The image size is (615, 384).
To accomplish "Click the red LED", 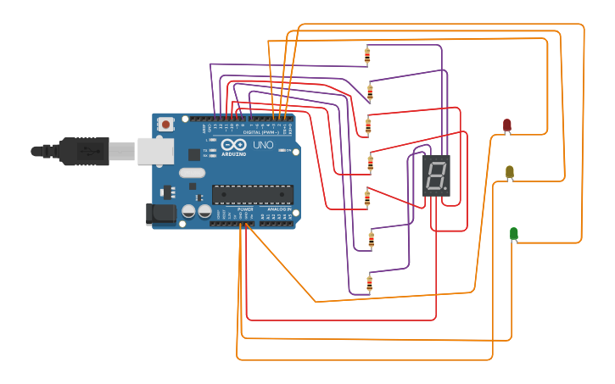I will click(x=507, y=125).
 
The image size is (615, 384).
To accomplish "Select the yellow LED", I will click(x=510, y=172).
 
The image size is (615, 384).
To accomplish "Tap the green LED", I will click(x=514, y=233).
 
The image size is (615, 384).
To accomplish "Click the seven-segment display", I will click(x=436, y=175).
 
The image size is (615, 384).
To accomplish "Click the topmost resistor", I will click(x=367, y=56).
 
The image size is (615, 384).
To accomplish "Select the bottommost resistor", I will click(x=369, y=282).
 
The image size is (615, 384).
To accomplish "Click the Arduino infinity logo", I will click(x=233, y=145).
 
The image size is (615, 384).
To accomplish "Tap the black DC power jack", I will click(x=161, y=214).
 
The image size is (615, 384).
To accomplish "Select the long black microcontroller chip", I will click(x=253, y=194).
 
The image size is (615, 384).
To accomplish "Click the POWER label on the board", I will click(x=245, y=209).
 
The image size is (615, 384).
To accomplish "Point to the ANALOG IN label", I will click(x=279, y=209).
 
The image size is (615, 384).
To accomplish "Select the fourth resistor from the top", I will click(x=370, y=161).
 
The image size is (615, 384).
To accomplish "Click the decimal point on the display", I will click(x=445, y=189).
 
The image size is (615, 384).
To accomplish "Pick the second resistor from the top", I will click(x=370, y=91).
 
